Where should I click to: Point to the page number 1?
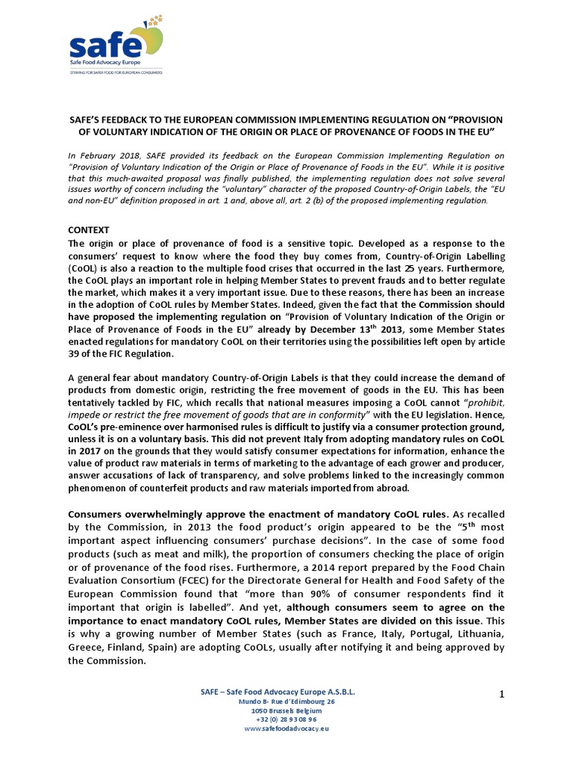[502, 694]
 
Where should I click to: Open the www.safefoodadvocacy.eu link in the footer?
[286, 728]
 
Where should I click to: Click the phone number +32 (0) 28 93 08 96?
[286, 719]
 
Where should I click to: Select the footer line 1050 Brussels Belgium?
[286, 710]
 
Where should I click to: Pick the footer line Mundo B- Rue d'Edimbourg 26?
[286, 702]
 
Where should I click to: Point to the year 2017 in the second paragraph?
[84, 451]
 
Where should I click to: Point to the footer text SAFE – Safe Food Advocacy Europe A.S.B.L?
[278, 693]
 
